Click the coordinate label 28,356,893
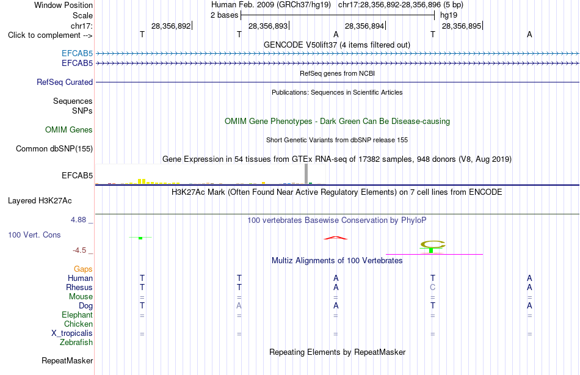268,26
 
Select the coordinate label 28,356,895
462,26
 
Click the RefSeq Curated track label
65,82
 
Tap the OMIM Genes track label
69,129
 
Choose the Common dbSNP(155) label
54,149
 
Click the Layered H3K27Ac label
40,201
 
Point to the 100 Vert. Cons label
34,235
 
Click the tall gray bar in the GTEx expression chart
306,173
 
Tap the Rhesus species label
79,287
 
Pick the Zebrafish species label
76,342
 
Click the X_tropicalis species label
72,333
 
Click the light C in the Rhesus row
433,287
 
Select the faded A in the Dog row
239,306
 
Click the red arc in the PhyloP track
336,238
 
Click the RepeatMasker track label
67,360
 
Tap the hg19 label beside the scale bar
449,15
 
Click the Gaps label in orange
83,269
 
